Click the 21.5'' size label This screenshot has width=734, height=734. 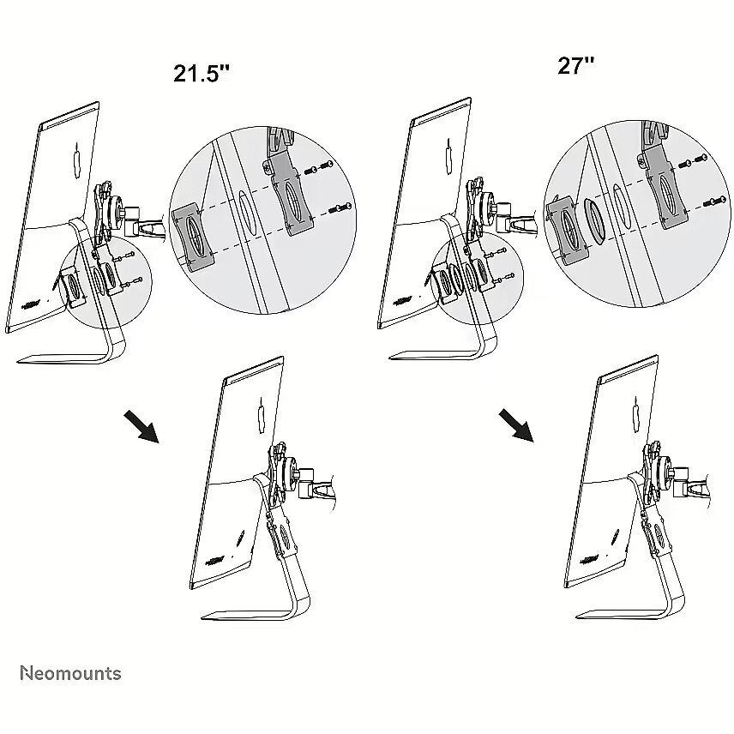point(202,74)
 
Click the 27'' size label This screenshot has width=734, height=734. point(575,65)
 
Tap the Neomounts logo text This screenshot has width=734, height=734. point(70,674)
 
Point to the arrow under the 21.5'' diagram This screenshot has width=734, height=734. point(141,426)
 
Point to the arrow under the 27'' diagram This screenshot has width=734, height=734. point(516,425)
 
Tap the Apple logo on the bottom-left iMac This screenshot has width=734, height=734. point(262,416)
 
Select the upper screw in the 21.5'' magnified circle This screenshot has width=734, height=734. point(319,167)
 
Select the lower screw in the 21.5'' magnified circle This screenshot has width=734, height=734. point(340,208)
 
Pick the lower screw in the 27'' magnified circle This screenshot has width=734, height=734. point(715,202)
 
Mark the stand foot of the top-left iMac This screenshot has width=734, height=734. point(70,356)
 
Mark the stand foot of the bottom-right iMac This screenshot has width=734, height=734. point(629,611)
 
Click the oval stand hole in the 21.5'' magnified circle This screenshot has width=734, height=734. point(247,214)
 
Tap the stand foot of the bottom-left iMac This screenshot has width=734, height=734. point(256,613)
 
